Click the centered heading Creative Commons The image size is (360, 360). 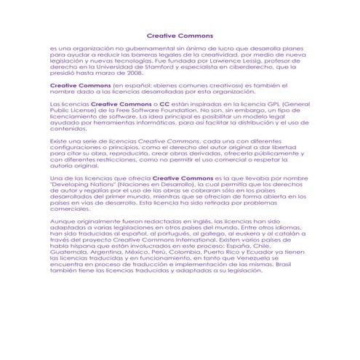point(180,35)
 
